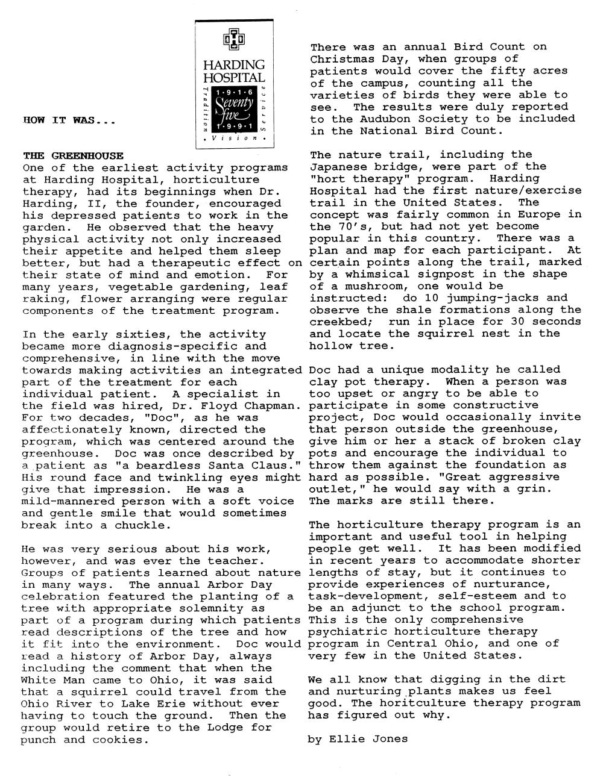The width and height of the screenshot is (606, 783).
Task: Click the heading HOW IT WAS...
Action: point(69,120)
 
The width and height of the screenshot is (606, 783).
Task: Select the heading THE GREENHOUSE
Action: point(73,156)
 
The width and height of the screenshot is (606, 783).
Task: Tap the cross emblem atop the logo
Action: point(234,40)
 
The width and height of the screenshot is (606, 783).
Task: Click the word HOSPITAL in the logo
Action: point(234,78)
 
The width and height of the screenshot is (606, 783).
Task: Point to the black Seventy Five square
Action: point(233,109)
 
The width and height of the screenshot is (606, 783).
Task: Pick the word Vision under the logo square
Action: point(235,139)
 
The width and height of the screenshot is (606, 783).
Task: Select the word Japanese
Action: point(339,167)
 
